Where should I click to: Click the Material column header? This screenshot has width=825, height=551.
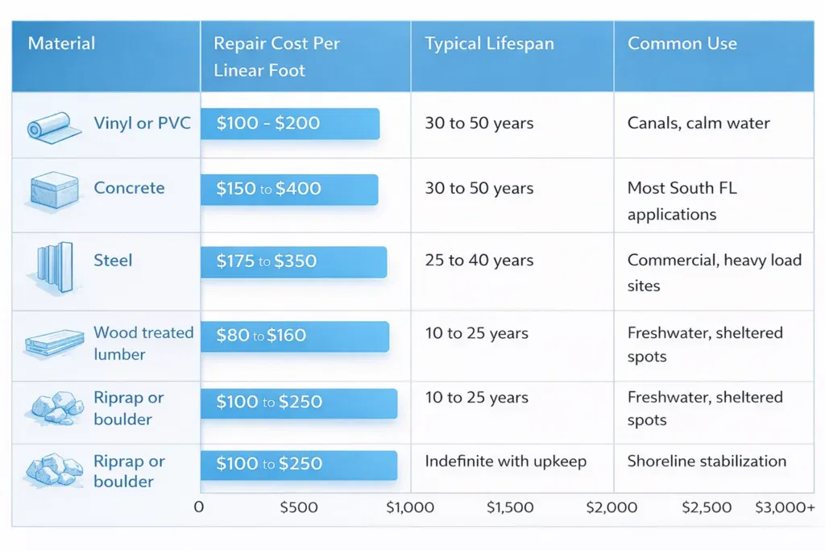[62, 44]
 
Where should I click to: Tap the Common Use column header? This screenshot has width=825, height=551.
[682, 44]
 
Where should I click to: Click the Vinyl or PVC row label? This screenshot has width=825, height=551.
[142, 123]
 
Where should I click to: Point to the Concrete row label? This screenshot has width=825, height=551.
[129, 188]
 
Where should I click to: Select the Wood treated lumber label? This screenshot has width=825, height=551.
[143, 343]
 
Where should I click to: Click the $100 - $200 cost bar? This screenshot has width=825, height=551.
[289, 123]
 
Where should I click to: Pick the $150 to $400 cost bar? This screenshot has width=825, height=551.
[289, 190]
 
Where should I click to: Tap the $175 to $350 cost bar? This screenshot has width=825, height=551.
[293, 262]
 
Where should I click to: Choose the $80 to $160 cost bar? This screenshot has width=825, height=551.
[295, 336]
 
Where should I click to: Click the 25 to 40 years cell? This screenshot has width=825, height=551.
[479, 261]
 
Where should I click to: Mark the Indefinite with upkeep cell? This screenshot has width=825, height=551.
[505, 461]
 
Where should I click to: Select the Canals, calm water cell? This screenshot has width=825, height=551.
[699, 123]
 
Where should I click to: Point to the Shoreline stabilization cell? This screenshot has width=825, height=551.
[707, 461]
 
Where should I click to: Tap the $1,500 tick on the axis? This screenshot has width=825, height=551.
[510, 507]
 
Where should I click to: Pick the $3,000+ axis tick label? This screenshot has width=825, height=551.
[785, 507]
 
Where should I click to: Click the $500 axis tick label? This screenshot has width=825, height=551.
[298, 507]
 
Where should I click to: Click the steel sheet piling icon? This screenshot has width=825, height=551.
[54, 264]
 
